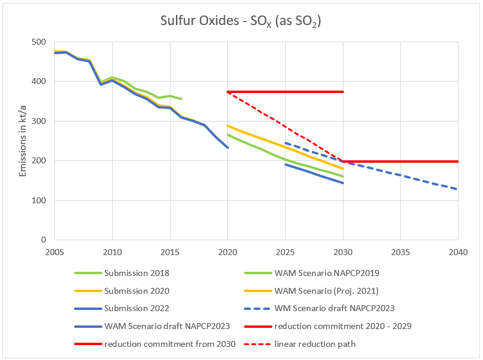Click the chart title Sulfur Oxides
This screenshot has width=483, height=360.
(241, 21)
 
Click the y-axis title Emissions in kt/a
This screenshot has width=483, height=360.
(23, 141)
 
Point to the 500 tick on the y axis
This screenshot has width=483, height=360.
(39, 42)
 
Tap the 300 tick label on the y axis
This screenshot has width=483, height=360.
(39, 122)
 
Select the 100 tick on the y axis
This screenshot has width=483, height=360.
(39, 201)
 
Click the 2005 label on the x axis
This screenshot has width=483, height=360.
(55, 252)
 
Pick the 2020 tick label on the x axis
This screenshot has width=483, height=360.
(228, 252)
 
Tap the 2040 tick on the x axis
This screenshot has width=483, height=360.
(458, 252)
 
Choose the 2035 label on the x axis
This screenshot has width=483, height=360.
(400, 252)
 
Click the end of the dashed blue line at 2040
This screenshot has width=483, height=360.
(457, 189)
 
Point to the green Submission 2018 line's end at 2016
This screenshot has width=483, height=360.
(181, 99)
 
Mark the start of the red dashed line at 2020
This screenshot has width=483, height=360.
(228, 92)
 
